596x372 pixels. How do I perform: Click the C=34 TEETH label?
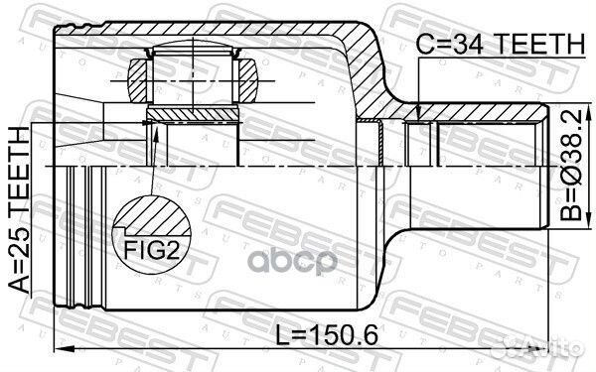[500, 44]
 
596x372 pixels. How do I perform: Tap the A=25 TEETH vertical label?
[19, 210]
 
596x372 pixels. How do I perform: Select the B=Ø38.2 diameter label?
[571, 165]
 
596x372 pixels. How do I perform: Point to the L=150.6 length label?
[327, 335]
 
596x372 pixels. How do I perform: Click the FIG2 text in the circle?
[152, 250]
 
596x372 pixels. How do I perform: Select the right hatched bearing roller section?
[247, 81]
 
